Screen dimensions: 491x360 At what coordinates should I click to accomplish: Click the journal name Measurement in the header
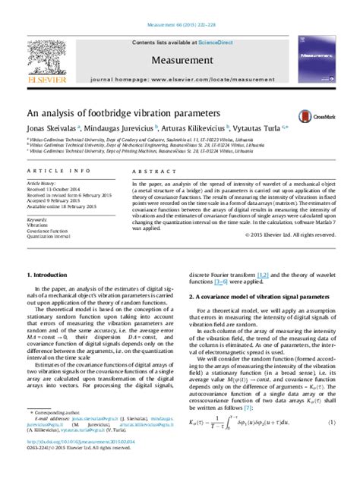(x=179, y=59)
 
